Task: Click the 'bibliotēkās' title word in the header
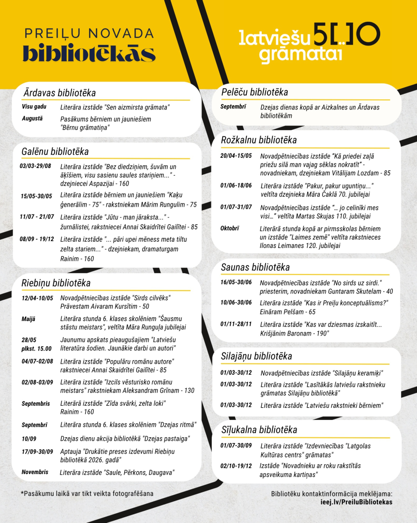pos(89,53)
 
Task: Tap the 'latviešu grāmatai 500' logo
pos(309,43)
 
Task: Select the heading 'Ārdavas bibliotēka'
pos(60,93)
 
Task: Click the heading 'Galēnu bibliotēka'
pos(55,152)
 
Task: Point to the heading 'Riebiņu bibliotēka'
pos(56,283)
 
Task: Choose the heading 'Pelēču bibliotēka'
pos(254,92)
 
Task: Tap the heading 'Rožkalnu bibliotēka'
pos(259,140)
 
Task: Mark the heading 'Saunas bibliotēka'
pos(255,267)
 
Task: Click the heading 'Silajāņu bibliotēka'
pos(256,356)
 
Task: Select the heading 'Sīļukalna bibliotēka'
pos(259,430)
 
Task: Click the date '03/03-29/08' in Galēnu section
pos(35,166)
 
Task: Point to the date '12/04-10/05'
pos(37,298)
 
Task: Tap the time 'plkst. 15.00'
pos(36,348)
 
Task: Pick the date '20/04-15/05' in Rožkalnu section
pos(236,156)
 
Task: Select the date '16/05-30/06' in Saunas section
pos(236,282)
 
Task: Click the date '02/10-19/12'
pos(236,466)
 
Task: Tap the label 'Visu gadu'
pos(34,107)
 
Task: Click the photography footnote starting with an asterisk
pos(87,493)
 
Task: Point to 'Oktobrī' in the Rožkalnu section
pos(230,229)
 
